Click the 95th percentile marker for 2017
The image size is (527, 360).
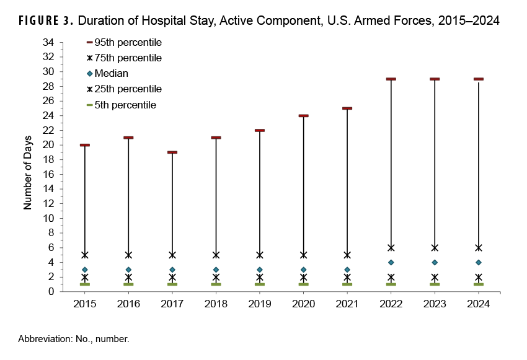(172, 152)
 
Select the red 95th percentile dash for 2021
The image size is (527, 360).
(347, 108)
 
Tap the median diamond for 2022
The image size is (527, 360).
(391, 262)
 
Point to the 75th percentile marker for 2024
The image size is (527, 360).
(479, 247)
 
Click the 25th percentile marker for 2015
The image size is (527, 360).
(85, 278)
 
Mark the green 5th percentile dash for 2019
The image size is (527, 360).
(260, 284)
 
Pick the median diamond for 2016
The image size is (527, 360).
(128, 270)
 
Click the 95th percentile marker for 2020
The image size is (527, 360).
(303, 116)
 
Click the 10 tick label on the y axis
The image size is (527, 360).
(49, 218)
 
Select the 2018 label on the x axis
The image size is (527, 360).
(216, 304)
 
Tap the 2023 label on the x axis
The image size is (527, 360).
(435, 304)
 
